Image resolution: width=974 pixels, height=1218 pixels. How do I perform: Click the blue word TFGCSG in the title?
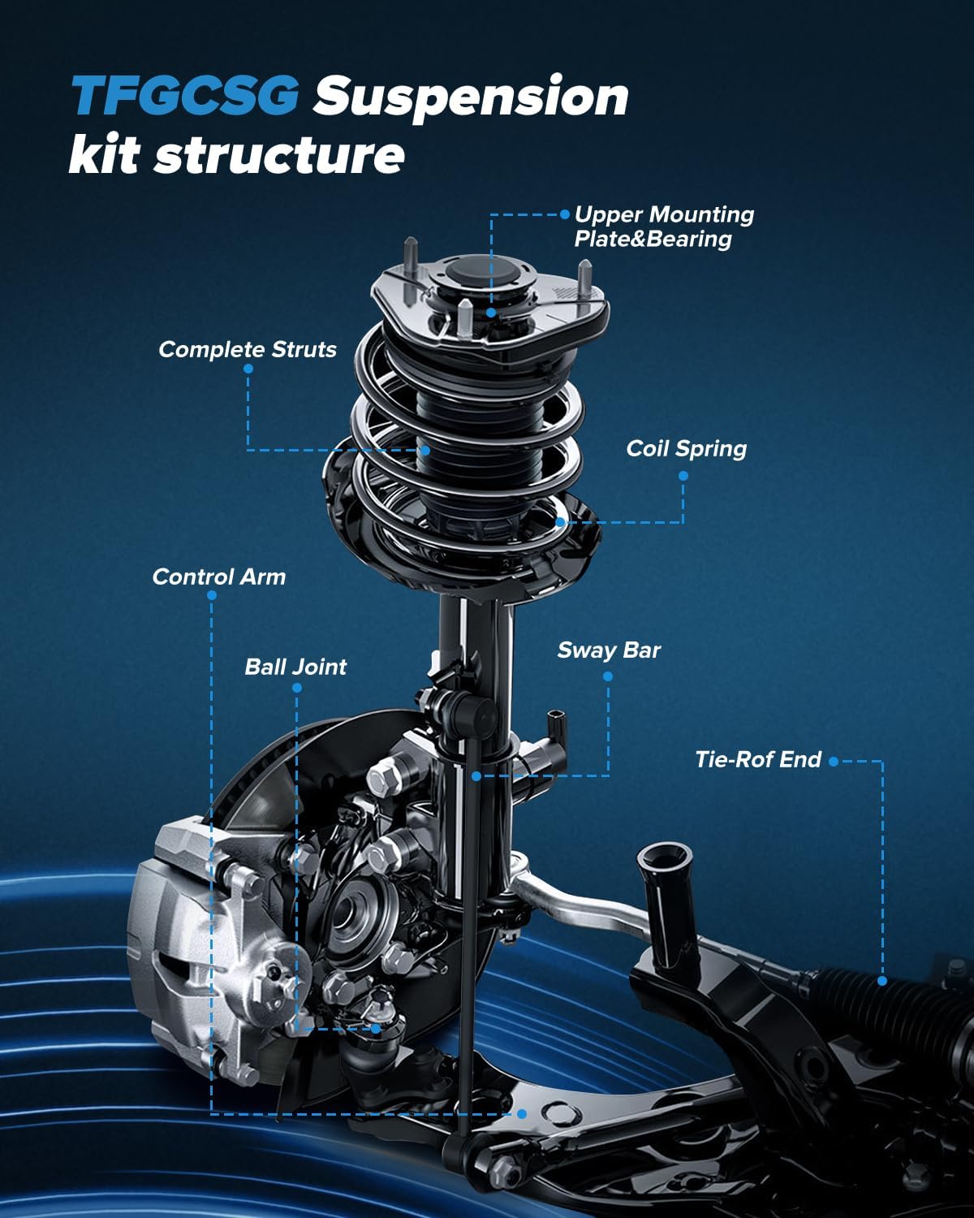(x=185, y=96)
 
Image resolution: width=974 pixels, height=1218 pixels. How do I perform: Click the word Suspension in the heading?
(x=472, y=97)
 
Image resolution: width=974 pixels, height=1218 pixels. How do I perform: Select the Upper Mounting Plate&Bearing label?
(x=664, y=227)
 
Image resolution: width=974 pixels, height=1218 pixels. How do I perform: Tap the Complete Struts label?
(x=248, y=349)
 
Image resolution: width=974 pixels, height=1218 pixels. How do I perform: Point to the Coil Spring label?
(x=686, y=448)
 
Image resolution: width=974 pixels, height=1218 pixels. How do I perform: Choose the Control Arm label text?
(x=219, y=577)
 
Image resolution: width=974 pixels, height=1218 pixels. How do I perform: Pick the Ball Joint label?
(x=295, y=667)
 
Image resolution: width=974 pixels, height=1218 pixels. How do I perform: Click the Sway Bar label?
(x=609, y=650)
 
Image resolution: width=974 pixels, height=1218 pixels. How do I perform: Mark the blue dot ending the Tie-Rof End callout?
(x=882, y=981)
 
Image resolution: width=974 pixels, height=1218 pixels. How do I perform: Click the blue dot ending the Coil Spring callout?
(x=561, y=522)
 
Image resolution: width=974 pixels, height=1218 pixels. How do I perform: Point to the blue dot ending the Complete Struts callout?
(x=425, y=450)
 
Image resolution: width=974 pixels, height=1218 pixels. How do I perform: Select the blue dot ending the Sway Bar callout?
(x=476, y=776)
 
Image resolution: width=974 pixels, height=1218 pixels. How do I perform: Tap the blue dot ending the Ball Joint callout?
(x=376, y=1028)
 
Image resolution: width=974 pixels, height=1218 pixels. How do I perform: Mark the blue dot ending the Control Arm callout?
(x=522, y=1114)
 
